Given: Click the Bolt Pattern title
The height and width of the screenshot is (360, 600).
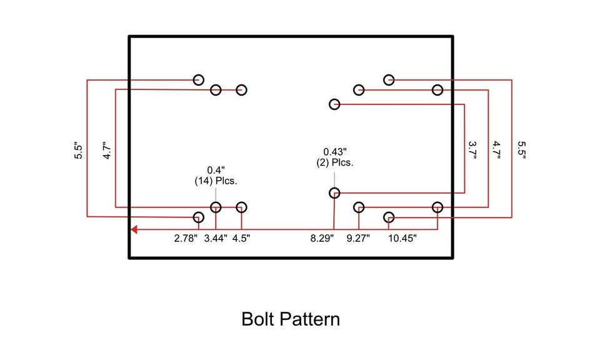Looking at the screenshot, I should coord(291,319).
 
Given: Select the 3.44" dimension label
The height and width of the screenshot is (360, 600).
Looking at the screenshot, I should coord(216,238).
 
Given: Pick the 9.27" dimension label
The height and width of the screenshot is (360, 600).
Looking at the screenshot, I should coord(358,238).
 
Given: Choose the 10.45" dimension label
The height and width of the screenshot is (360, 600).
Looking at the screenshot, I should coord(402,238).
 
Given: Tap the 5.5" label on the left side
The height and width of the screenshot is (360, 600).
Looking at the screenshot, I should coord(78,151).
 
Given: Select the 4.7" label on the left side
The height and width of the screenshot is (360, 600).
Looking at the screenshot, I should coord(107,151).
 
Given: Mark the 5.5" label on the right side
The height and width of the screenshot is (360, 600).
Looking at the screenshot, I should coord(522,150).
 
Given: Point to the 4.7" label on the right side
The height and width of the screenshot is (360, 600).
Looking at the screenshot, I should coord(496,150).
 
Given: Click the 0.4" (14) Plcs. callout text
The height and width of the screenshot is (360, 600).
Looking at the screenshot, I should coord(216,175).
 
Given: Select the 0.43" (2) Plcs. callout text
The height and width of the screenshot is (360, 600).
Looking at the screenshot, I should coord(334,157).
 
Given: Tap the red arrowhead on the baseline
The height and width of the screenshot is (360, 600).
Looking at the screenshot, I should coord(134,229).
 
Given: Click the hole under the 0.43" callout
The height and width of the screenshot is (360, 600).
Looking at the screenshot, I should coord(334,193).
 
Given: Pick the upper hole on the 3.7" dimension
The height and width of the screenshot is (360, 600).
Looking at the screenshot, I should coord(334,104).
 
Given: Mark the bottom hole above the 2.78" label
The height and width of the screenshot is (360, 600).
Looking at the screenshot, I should coord(198,217).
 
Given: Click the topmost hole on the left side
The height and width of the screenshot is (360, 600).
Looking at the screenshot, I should coord(198,79).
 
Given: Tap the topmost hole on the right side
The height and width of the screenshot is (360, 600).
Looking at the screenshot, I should coord(389,79).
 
